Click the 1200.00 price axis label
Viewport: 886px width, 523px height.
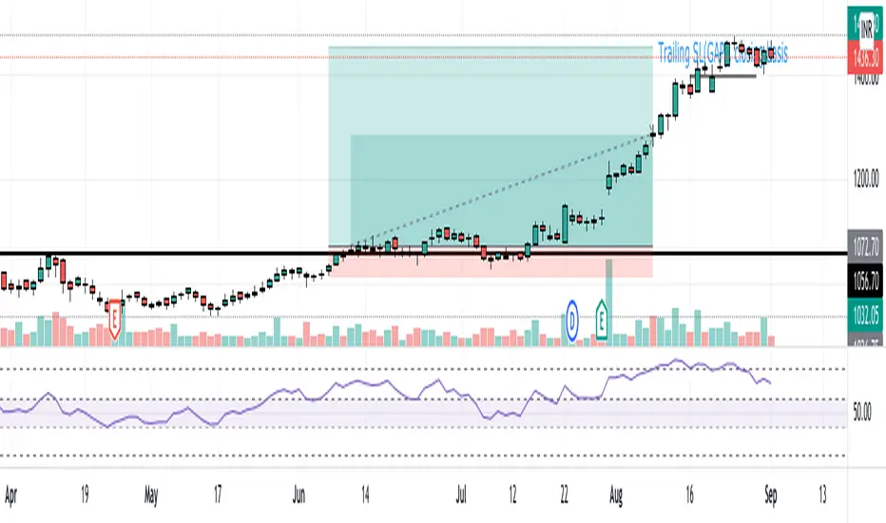864,178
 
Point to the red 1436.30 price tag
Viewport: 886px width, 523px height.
864,57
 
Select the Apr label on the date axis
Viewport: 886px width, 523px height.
12,494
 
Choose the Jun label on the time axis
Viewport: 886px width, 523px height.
299,494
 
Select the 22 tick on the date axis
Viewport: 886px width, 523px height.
564,494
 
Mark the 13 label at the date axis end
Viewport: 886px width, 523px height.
822,494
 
